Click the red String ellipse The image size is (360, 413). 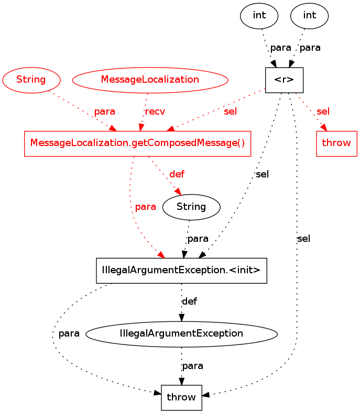point(31,80)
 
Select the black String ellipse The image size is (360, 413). point(191,207)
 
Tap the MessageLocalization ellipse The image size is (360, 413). point(150,80)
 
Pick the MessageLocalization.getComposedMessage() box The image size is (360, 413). point(137,143)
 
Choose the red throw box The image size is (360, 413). point(336,143)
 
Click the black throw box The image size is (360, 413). point(181,397)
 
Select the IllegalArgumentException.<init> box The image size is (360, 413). point(181,271)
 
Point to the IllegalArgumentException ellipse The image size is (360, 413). point(181,333)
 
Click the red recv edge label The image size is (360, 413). point(155,111)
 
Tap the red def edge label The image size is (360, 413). point(177,174)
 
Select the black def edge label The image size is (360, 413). point(189,302)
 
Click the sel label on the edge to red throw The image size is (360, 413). point(323,111)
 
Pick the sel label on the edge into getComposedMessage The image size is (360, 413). point(230,111)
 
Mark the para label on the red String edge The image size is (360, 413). point(104,111)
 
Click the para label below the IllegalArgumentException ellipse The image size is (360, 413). point(192,365)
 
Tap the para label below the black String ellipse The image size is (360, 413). point(198,239)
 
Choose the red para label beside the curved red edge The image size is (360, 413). point(145,207)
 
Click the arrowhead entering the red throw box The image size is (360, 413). point(325,129)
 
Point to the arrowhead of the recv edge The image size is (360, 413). point(140,128)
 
